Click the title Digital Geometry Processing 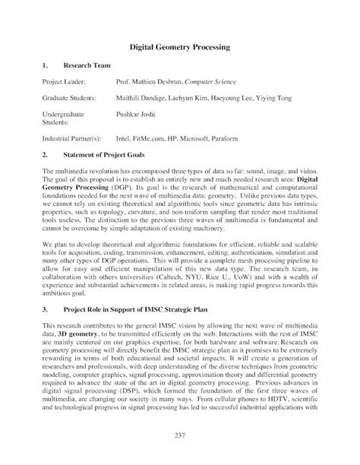(179, 48)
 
